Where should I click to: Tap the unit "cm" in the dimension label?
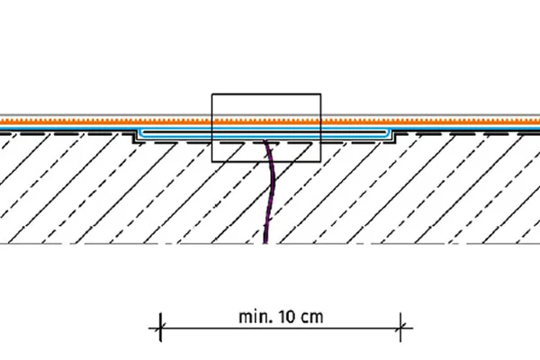(x=310, y=317)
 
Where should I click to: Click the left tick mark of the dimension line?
(x=161, y=328)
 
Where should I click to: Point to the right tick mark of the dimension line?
(x=400, y=328)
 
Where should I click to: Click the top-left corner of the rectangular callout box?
(x=211, y=94)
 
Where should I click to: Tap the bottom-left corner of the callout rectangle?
(x=211, y=161)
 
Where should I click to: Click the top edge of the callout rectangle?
(x=266, y=94)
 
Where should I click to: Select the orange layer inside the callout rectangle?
(x=266, y=121)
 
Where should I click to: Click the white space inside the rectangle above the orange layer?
(x=266, y=105)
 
